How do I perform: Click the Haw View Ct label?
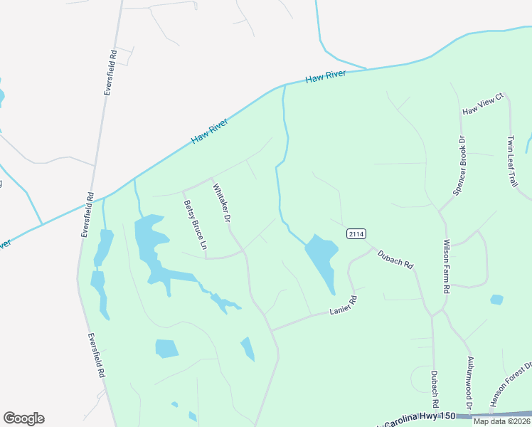point(483,105)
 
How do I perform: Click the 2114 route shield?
point(356,233)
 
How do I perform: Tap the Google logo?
point(23,418)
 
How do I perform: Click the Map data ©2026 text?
point(501,421)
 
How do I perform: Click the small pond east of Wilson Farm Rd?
point(496,300)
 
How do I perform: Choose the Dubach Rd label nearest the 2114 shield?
point(395,258)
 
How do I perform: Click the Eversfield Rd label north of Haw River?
point(110,73)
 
